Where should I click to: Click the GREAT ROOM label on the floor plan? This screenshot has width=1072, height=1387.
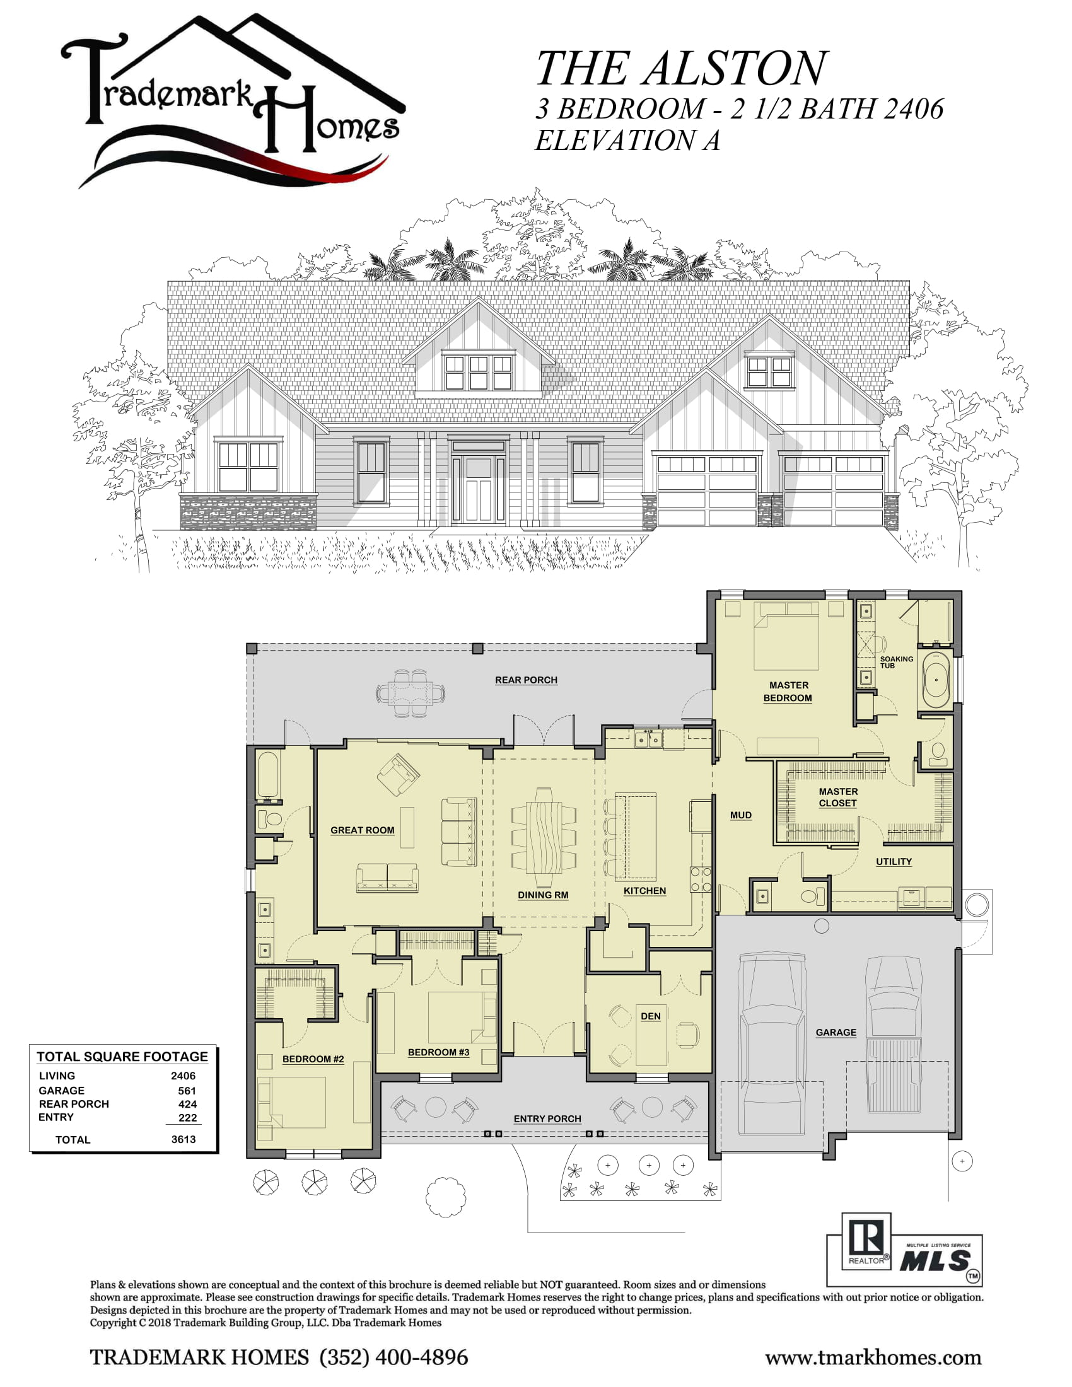coord(362,830)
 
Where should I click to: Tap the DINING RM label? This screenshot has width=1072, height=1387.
coord(543,895)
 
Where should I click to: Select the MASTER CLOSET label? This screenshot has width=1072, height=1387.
coord(837,797)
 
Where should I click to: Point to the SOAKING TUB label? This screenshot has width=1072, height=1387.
coord(896,662)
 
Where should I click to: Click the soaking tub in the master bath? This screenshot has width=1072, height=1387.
coord(935,679)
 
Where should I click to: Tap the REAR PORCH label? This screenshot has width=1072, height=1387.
coord(526,680)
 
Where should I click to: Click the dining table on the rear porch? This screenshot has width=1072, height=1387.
coord(411,693)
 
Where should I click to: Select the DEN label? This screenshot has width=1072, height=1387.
coord(650,1016)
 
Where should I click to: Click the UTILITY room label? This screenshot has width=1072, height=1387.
coord(894,862)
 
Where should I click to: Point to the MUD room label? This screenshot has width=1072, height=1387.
coord(740,815)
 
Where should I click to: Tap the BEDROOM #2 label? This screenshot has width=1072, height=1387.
coord(313,1059)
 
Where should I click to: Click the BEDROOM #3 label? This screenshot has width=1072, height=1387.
coord(438,1052)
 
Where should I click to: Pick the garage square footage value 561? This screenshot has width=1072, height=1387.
coord(187,1091)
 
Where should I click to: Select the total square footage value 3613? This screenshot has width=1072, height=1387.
coord(184,1139)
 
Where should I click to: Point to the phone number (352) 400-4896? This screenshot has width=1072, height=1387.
coord(393,1358)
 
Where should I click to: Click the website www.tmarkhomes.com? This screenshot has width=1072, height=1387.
coord(873,1359)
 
